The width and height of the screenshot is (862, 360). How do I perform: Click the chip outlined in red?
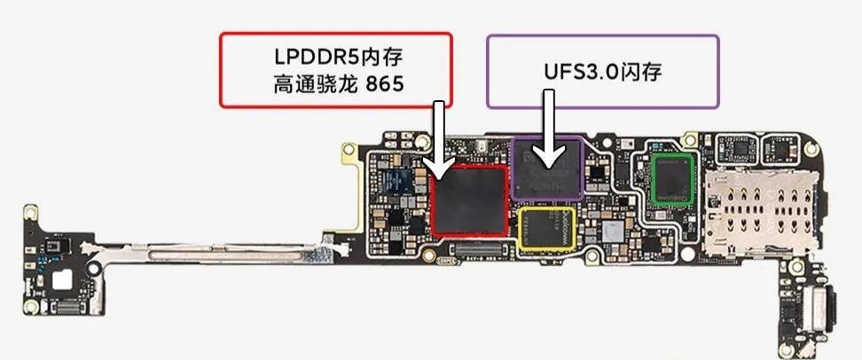coord(469,200)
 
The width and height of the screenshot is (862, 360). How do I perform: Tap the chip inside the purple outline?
coord(547,167)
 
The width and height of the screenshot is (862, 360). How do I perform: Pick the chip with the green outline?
coord(671,180)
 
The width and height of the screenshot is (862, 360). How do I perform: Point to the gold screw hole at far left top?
coord(29,212)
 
